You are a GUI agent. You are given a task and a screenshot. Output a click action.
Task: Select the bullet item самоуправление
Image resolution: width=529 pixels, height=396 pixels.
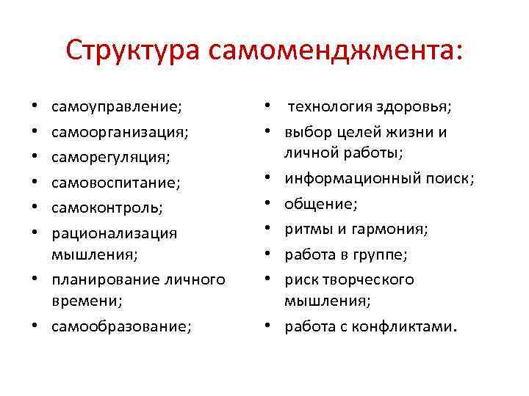(x=116, y=108)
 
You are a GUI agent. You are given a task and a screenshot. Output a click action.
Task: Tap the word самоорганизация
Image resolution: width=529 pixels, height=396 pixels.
(x=120, y=133)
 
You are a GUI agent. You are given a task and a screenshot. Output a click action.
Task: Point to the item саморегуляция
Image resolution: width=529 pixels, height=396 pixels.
(x=110, y=158)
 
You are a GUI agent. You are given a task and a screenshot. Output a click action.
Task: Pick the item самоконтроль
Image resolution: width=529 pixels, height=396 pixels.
(x=107, y=208)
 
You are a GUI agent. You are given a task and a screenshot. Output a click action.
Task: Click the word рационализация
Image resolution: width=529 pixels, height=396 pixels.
(x=114, y=233)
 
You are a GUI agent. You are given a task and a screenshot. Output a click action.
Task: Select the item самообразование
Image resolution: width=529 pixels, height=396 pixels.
(x=120, y=326)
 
